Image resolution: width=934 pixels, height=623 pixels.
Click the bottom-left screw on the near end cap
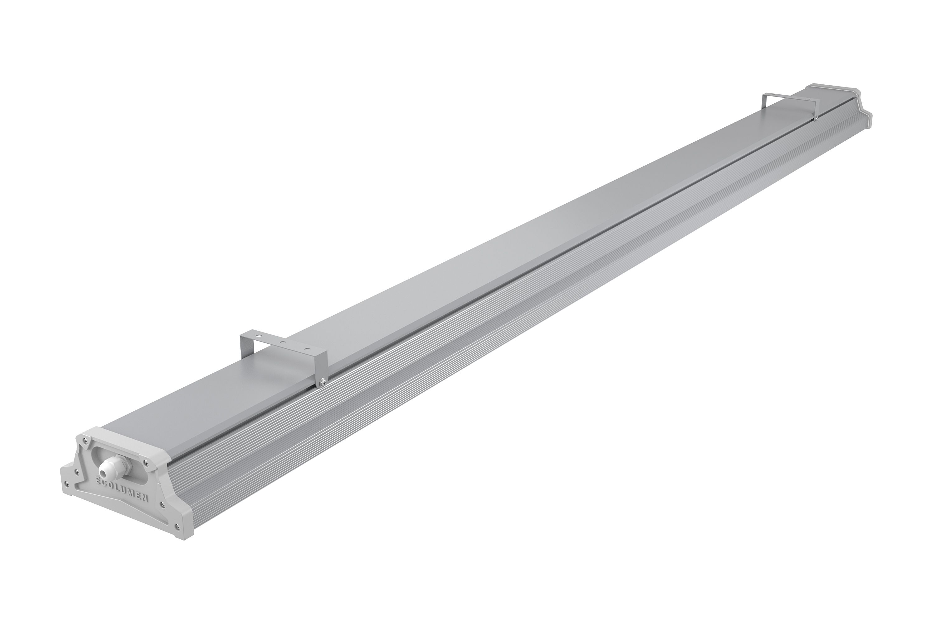pos(66,484)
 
